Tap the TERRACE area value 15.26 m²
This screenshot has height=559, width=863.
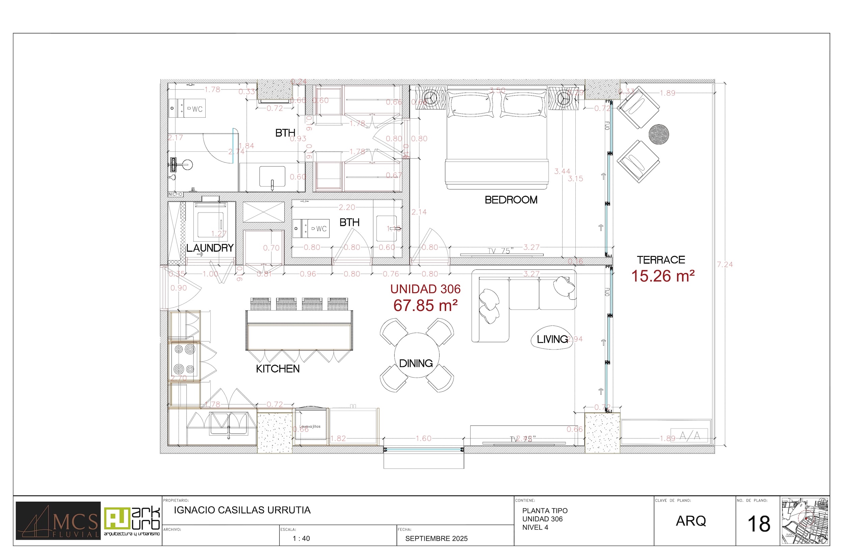(x=662, y=276)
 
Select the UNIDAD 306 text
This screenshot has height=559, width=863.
(x=425, y=289)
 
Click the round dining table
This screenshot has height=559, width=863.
(x=416, y=355)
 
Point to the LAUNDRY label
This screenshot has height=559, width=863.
(x=210, y=248)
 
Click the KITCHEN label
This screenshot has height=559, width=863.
(x=278, y=369)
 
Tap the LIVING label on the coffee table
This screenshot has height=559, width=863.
(x=552, y=339)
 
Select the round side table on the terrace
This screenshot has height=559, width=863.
(x=658, y=134)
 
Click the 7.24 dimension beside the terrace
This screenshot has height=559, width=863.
(x=725, y=265)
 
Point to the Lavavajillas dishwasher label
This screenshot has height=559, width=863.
(x=310, y=427)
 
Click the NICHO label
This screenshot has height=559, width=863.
(x=175, y=195)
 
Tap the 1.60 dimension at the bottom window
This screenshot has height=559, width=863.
(x=423, y=438)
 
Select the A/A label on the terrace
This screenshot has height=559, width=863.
(x=689, y=436)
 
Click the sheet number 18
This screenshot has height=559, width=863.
(x=759, y=524)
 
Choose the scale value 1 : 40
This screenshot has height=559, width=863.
(x=301, y=539)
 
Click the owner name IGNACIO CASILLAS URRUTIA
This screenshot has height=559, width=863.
(x=242, y=510)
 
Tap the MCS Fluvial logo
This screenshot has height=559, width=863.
(x=58, y=520)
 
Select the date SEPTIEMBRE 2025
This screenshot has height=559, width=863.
(x=436, y=539)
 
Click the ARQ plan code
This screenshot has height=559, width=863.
(x=690, y=521)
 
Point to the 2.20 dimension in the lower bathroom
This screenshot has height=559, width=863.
(x=347, y=207)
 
